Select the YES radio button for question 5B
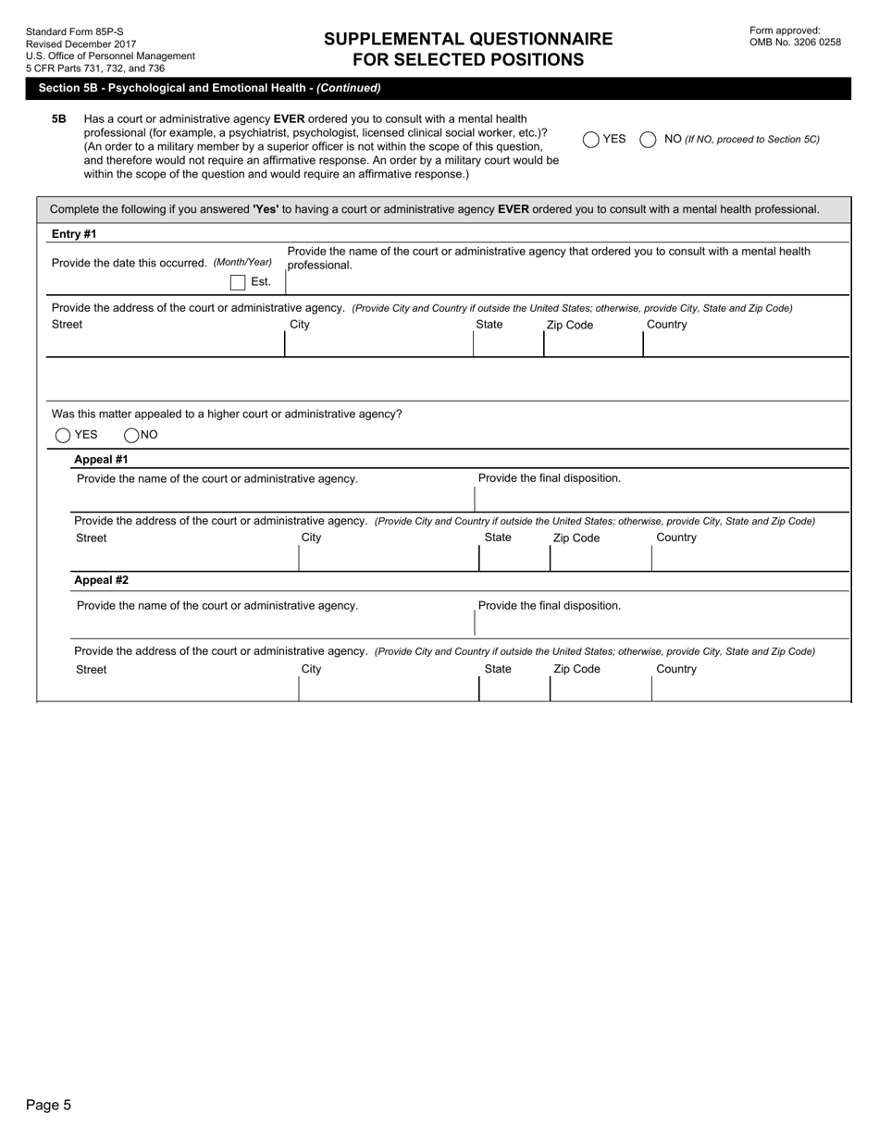coord(591,140)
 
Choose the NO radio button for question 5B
coord(648,140)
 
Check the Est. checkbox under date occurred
coord(238,282)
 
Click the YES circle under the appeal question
coord(63,435)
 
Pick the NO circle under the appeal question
coord(131,435)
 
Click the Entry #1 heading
coord(74,234)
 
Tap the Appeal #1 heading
coord(101,459)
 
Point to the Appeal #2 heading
coord(101,580)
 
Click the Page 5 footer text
coord(48,1105)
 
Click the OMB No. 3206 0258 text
coord(795,42)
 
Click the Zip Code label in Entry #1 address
coord(570,325)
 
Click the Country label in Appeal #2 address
coord(676,669)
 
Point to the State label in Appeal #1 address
coord(498,538)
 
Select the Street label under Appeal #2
coord(91,669)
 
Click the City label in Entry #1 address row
coord(300,325)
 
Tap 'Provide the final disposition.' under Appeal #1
coord(550,478)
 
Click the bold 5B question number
coord(59,119)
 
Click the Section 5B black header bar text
coord(209,88)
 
